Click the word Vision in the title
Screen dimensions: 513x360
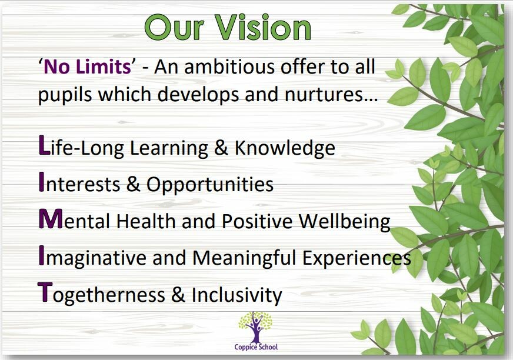click(x=262, y=28)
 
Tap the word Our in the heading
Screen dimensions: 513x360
click(x=174, y=28)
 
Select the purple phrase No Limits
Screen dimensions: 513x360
click(x=87, y=66)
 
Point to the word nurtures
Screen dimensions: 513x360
click(x=331, y=95)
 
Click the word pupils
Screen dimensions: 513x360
click(x=65, y=95)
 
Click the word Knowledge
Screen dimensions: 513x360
click(x=285, y=148)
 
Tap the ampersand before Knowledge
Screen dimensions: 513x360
click(x=221, y=148)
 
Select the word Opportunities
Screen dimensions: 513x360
click(x=209, y=185)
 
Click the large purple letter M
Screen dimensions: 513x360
click(x=51, y=219)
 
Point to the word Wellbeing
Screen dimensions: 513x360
click(x=345, y=222)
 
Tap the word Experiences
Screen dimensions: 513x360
click(x=357, y=258)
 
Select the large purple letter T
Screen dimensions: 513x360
click(x=45, y=292)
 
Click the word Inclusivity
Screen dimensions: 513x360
click(x=236, y=295)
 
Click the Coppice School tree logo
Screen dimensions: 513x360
click(x=255, y=326)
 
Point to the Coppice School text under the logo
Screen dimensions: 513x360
click(x=256, y=347)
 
